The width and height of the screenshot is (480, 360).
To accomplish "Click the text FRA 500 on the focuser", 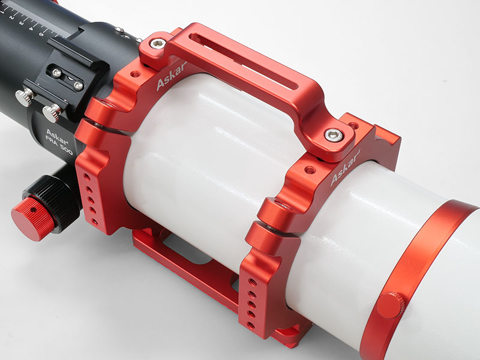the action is coord(59,145).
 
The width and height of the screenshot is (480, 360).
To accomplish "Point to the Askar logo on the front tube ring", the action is coord(345,169).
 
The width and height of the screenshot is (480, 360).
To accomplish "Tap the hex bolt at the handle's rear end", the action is coord(158,43).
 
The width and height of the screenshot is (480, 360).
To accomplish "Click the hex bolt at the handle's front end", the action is coord(334,135).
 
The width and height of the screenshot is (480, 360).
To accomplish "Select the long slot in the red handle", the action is coord(244,61).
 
